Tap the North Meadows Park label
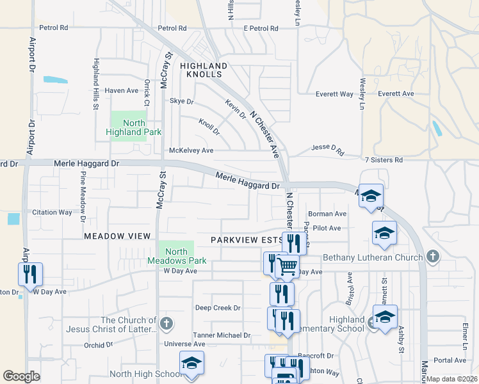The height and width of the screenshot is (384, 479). (177, 256)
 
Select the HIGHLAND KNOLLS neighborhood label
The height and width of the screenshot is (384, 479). (204, 70)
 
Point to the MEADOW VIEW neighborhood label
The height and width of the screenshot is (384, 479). (117, 236)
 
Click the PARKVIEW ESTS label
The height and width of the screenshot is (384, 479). (247, 240)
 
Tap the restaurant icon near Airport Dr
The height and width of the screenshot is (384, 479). (30, 273)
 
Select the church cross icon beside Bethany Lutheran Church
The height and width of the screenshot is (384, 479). (432, 257)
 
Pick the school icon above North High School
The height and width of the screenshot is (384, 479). (191, 362)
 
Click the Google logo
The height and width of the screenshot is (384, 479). (21, 376)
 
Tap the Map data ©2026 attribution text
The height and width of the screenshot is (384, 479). (451, 379)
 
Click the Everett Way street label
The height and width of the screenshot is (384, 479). (334, 94)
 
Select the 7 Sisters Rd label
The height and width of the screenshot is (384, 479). (383, 159)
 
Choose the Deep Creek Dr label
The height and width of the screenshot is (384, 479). (218, 308)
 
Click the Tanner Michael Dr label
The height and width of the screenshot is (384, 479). (222, 335)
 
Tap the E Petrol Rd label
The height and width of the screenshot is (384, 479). (261, 28)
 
